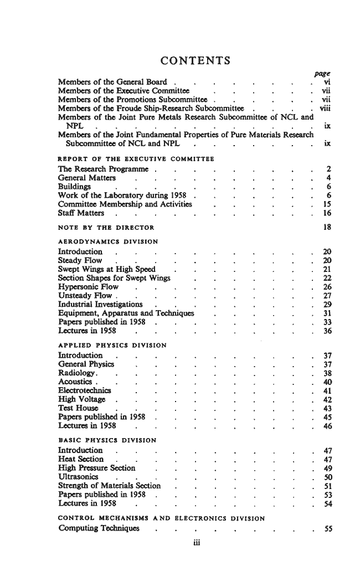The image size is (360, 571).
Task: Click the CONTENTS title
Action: (x=195, y=60)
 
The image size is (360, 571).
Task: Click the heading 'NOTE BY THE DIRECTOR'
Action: (x=106, y=227)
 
